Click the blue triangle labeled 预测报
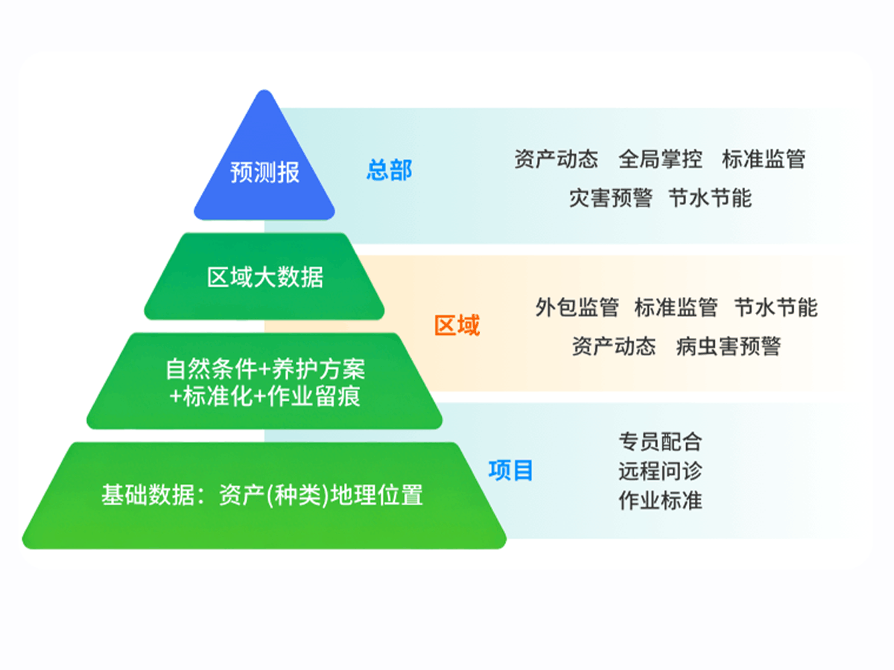point(264,163)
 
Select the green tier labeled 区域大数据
point(264,277)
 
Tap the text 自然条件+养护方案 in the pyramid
point(265,369)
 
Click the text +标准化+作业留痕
point(265,396)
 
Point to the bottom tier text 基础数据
point(148,495)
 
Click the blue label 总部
point(390,170)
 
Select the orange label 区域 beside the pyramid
point(457,325)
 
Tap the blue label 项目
point(511,470)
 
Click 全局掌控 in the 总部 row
point(660,159)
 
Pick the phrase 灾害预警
point(610,198)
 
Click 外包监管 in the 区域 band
point(577,307)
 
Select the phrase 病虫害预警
point(729,346)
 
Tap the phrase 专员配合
point(660,441)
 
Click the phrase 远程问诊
point(660,471)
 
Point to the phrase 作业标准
point(660,500)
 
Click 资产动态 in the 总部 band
point(557,159)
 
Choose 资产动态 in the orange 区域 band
point(614,346)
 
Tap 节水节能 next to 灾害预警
point(710,198)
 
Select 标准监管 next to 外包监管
point(676,307)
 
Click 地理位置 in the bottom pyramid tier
point(377,495)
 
